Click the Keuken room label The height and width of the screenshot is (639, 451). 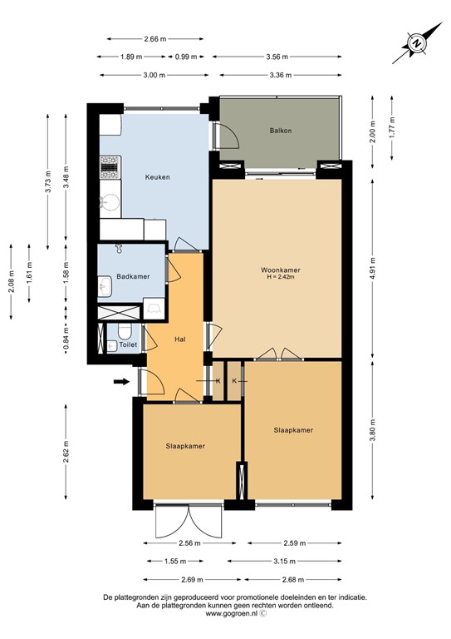pos(158,177)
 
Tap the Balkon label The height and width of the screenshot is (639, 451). pos(280,131)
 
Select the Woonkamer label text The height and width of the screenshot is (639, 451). pos(279,270)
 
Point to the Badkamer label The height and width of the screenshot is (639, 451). pos(133,276)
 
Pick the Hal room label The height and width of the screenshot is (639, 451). pos(179,339)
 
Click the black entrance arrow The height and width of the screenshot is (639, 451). pos(121,382)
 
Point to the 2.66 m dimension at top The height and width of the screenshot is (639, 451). pos(154,39)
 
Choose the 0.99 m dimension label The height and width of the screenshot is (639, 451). pos(187,57)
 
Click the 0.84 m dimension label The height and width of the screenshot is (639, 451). pos(66,338)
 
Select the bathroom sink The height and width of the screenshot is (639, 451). pos(105,288)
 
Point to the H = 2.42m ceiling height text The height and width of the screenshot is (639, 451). pos(280,279)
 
